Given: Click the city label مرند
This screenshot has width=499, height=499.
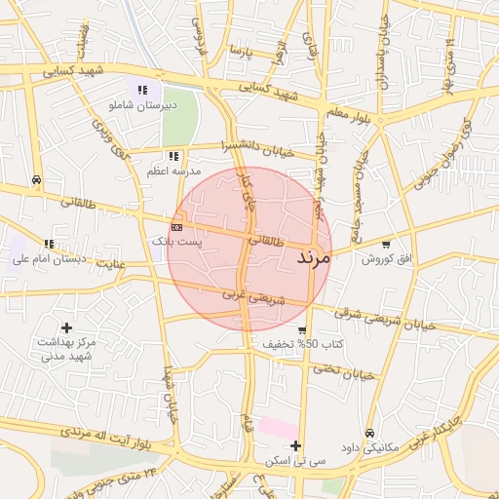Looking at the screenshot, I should [312, 258].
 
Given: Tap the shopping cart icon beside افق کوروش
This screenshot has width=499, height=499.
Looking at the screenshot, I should [387, 244].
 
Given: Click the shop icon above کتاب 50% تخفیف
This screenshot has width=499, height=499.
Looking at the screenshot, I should [302, 330].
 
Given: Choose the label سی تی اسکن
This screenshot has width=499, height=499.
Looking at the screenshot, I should [295, 460].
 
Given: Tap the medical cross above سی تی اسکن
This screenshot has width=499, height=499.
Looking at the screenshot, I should [295, 445].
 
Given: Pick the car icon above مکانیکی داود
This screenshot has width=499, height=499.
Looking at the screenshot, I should [368, 433].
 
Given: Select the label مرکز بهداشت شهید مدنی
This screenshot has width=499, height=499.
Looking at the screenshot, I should [67, 350].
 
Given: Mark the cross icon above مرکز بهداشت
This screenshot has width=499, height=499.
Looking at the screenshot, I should [66, 328].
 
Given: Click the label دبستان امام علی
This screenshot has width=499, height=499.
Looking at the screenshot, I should [49, 259].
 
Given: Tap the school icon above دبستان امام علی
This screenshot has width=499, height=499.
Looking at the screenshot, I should [49, 244].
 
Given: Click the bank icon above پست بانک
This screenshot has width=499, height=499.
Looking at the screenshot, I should [176, 226].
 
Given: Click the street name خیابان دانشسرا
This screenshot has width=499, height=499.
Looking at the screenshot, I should [257, 147].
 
